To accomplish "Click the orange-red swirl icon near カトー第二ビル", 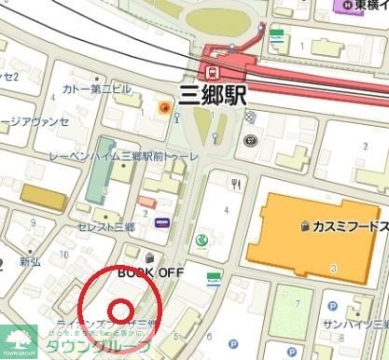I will pyautogui.click(x=165, y=110).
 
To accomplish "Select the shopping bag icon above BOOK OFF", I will pyautogui.click(x=150, y=256).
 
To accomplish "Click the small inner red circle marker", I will pyautogui.click(x=120, y=309).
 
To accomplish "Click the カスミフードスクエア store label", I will pyautogui.click(x=349, y=226).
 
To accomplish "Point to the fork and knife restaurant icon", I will pyautogui.click(x=237, y=184).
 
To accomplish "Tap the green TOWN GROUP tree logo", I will pyautogui.click(x=16, y=341).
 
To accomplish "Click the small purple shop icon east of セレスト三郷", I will pyautogui.click(x=162, y=223).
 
